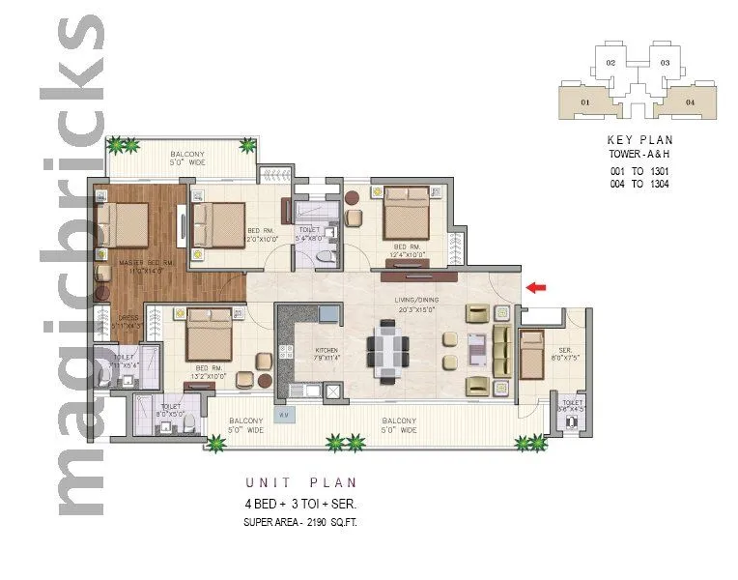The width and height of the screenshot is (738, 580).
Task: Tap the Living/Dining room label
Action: click(416, 304)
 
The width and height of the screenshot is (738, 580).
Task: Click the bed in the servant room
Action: click(531, 354)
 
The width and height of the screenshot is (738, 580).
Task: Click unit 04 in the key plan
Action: click(689, 101)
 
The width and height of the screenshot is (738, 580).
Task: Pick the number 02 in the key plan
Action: click(610, 63)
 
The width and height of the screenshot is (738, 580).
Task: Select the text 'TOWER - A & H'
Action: click(639, 155)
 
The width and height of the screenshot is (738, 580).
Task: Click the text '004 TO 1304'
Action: click(639, 184)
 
